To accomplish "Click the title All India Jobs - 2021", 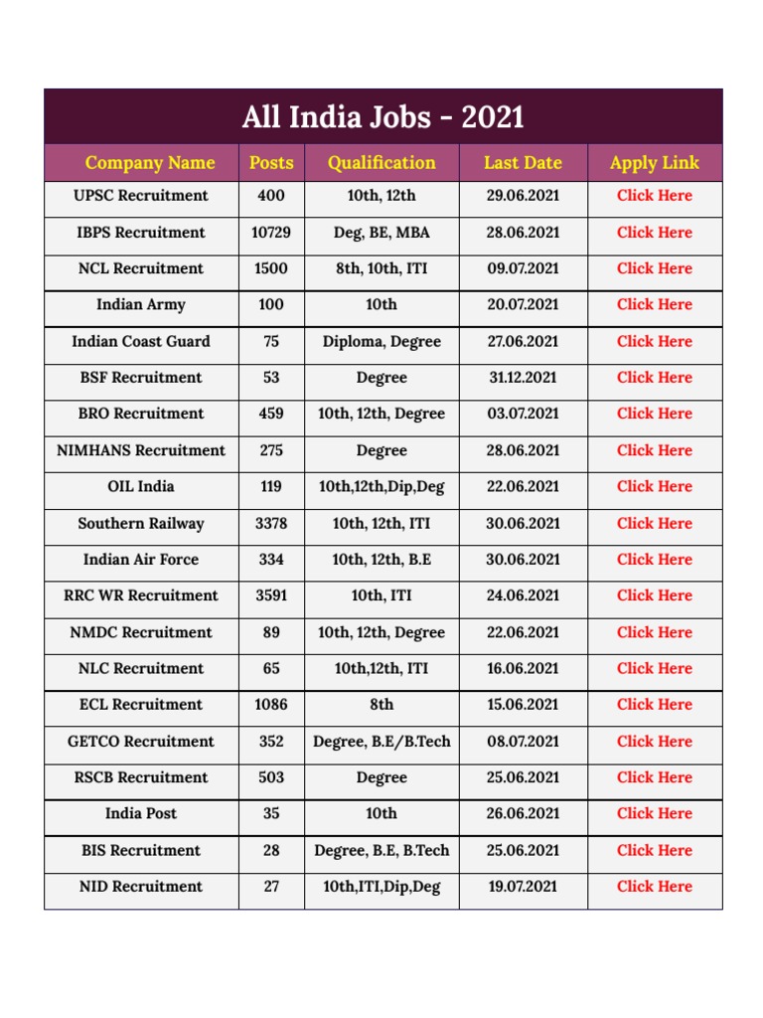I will tap(382, 117).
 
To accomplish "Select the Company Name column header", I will tap(150, 163).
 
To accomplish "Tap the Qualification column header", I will tap(381, 163).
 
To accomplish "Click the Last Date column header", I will tap(523, 163).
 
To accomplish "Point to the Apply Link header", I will tap(655, 163).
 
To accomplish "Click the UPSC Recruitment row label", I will tap(141, 196).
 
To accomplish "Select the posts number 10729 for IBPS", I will tap(271, 233).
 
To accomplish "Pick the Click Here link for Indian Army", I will tap(655, 305).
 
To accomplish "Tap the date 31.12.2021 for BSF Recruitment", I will tap(523, 378).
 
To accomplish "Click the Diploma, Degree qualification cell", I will tap(381, 341).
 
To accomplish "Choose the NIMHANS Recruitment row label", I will tap(141, 450).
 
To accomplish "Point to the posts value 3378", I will tap(271, 523).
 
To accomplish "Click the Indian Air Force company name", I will tap(141, 560).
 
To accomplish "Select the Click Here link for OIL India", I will tap(655, 487).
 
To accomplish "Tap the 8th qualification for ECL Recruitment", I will tap(381, 705).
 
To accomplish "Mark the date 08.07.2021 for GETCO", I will tap(523, 742).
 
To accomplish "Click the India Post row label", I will tap(141, 814).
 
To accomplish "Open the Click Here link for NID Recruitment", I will tap(655, 887).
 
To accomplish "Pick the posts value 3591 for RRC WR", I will tap(271, 595).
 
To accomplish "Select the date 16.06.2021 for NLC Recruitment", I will tap(523, 669).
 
